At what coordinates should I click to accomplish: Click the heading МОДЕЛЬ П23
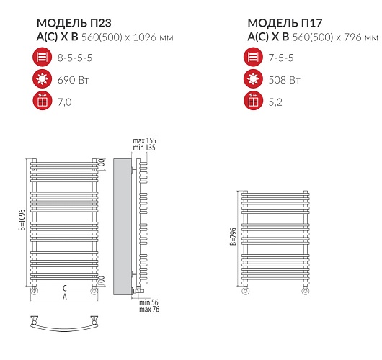coord(74,23)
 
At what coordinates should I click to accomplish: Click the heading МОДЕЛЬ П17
coord(285,23)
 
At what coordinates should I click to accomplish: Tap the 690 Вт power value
coord(74,80)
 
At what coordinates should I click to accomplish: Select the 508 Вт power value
coord(284,80)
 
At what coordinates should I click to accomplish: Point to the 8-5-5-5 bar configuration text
coord(75,58)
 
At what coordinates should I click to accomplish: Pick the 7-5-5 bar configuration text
coord(281,58)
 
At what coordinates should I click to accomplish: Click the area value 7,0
coord(65,102)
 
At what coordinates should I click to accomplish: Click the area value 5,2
coord(275,102)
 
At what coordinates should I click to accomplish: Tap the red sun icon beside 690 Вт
coord(42,79)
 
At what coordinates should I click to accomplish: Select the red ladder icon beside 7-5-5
coord(253,57)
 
